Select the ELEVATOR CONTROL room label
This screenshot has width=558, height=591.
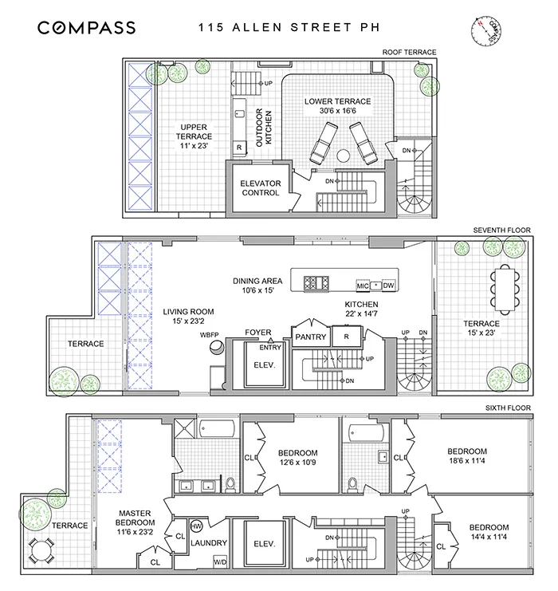pos(261,188)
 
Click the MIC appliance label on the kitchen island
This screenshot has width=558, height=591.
pos(362,286)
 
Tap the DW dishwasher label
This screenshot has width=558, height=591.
pos(388,286)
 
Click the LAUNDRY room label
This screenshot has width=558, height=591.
pos(209,544)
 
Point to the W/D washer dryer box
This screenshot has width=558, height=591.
pos(219,561)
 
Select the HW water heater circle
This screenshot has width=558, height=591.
pos(197,526)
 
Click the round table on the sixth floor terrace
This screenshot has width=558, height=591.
pos(39,549)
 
